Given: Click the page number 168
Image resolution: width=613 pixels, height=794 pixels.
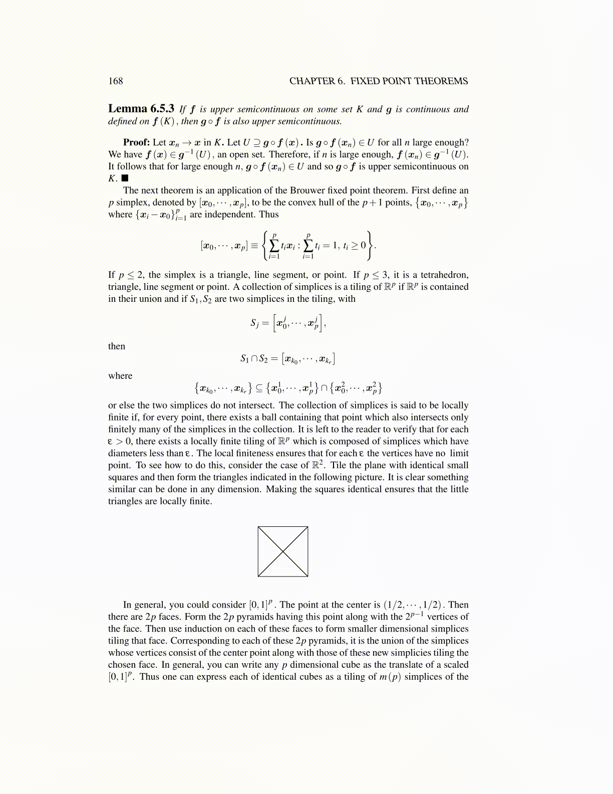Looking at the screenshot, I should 115,81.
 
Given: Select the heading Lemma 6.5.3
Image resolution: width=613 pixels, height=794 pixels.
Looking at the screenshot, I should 141,109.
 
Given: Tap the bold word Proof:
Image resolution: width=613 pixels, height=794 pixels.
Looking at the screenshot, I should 136,142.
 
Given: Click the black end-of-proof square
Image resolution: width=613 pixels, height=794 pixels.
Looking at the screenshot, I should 125,178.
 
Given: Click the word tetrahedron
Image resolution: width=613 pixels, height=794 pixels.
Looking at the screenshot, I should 444,275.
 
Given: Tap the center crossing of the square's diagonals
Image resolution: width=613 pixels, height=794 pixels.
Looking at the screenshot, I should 283,551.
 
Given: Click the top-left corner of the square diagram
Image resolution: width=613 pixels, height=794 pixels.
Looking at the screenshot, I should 258,527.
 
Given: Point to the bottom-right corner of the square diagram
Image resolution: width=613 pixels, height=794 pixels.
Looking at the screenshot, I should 308,576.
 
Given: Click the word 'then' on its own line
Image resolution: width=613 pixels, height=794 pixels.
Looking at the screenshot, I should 117,346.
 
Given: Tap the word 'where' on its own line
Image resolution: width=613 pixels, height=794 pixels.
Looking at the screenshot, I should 120,376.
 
